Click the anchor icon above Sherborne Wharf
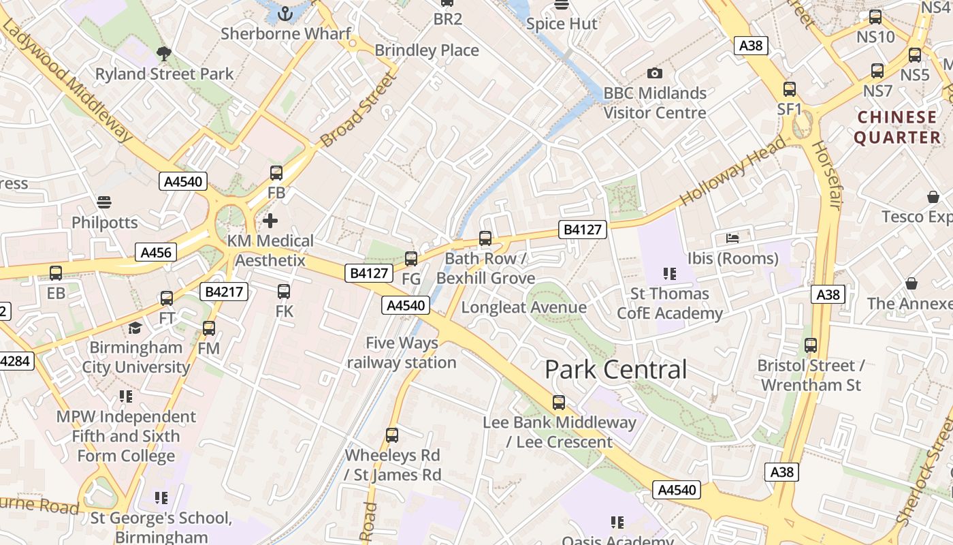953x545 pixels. coord(286,13)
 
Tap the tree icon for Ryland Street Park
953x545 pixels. coord(163,53)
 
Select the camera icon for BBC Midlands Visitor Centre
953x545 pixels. coord(654,73)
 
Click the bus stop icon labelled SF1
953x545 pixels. coord(790,89)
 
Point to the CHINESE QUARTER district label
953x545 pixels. coord(897,127)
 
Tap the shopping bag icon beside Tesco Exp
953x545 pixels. coord(933,197)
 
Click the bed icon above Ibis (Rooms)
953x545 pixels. coord(732,238)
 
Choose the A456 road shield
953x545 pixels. coord(155,253)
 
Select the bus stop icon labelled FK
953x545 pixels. coord(284,292)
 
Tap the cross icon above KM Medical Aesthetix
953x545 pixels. coord(270,221)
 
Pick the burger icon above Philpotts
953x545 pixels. coord(103,202)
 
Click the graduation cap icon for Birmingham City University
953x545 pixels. coord(135,328)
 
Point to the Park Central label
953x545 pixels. coord(615,370)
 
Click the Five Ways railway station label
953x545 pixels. coord(402,353)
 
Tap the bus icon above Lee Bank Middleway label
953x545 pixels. coord(559,403)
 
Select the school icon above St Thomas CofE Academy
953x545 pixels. coord(669,274)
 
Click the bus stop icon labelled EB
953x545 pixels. coord(56,273)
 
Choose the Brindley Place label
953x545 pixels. coord(427,50)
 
